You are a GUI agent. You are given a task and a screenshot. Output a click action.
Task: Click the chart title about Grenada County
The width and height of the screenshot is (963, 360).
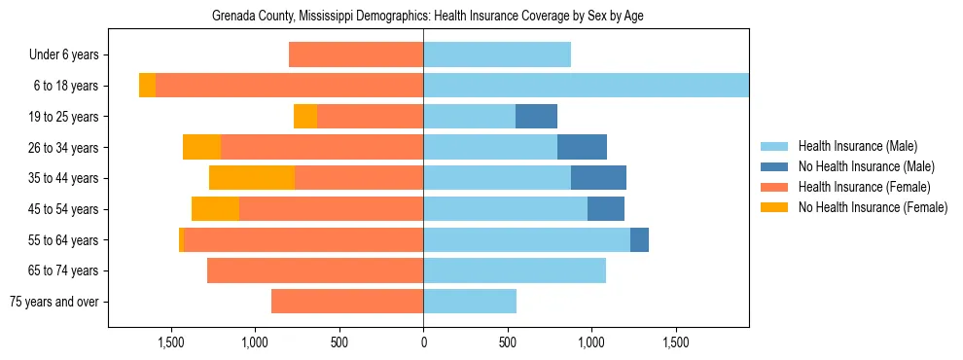click(428, 17)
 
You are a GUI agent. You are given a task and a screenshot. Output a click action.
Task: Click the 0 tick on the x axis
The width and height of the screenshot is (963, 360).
click(423, 343)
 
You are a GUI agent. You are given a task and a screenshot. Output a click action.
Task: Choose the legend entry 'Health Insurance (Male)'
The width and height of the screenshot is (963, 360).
click(857, 146)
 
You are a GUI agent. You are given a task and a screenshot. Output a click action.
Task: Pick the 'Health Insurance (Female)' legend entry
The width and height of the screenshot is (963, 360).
click(864, 187)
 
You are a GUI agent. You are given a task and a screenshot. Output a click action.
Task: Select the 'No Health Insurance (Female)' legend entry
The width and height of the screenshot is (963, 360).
click(873, 207)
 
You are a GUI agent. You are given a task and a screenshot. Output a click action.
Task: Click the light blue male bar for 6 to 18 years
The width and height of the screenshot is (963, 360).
click(586, 86)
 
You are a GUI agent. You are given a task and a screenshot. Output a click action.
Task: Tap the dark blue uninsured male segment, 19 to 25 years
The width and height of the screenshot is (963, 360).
click(536, 117)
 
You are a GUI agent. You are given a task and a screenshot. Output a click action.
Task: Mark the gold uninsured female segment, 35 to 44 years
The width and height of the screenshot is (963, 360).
click(252, 178)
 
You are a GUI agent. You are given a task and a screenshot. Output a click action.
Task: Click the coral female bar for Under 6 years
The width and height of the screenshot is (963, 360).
click(356, 55)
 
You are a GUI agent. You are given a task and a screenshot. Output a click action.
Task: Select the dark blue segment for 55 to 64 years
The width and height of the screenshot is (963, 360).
click(639, 240)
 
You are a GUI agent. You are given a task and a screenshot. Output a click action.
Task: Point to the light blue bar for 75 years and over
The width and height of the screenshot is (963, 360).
click(470, 302)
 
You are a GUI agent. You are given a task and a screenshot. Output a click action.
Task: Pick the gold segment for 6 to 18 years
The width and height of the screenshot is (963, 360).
click(147, 86)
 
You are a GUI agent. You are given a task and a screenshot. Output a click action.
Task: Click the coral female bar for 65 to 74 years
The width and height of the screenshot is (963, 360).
click(315, 270)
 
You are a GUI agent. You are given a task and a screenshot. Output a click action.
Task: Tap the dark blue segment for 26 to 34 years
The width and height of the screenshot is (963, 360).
click(582, 148)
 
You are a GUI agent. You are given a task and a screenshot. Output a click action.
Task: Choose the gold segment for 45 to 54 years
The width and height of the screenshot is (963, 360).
click(215, 209)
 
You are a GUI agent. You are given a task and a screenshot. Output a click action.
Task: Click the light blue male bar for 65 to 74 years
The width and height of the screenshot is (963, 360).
click(515, 270)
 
